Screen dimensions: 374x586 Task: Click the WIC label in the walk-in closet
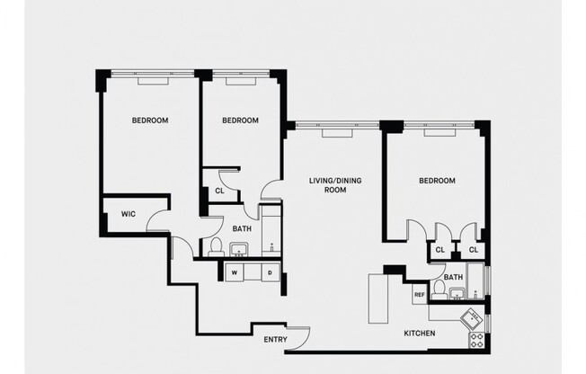coord(120,213)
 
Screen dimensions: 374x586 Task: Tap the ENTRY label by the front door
coord(275,339)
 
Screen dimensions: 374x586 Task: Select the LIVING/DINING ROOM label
coord(328,185)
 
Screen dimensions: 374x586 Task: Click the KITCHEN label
coord(420,334)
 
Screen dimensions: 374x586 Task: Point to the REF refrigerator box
coord(419,294)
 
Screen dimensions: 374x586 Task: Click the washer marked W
coord(235,272)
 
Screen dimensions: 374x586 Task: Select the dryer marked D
coord(271,272)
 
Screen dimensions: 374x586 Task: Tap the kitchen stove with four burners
coord(476,339)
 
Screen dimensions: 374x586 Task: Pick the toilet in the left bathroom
coord(216,248)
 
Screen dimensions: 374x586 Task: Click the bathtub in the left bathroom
coord(271,232)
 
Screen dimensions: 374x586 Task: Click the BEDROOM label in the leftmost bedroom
coord(150,120)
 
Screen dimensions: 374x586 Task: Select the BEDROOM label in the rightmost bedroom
coord(437,181)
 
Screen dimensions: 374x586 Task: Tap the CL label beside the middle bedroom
coord(219,191)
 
